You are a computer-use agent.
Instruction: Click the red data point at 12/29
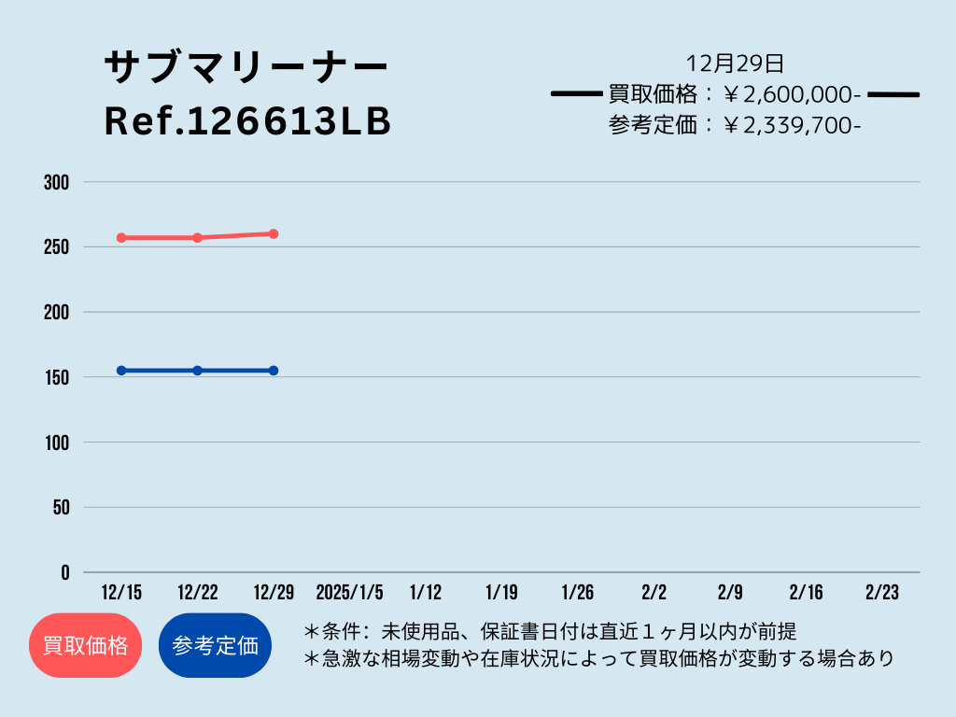[x=274, y=234]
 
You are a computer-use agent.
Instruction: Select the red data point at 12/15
[x=121, y=238]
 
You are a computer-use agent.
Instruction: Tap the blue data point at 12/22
[x=198, y=371]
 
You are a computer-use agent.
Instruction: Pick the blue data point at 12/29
[x=274, y=371]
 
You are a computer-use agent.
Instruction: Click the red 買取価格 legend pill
[x=85, y=645]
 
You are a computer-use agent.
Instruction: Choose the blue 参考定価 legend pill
[x=216, y=645]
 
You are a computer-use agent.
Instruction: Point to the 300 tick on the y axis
[x=57, y=182]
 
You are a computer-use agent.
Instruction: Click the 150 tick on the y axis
[x=57, y=377]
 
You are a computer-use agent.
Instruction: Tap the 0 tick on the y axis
[x=64, y=572]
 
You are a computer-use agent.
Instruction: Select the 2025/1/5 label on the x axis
[x=349, y=592]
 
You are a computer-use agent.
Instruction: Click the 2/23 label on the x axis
[x=882, y=592]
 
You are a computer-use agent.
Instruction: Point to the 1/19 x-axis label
[x=501, y=592]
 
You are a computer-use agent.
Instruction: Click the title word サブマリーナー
[x=246, y=66]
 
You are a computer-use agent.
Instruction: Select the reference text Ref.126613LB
[x=247, y=120]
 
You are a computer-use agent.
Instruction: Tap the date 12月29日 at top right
[x=735, y=63]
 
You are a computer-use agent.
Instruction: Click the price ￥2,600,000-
[x=792, y=94]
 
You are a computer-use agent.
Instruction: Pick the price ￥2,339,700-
[x=792, y=125]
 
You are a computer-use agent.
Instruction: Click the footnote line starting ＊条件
[x=550, y=632]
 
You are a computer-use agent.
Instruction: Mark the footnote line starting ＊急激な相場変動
[x=598, y=658]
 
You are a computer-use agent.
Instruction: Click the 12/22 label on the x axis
[x=198, y=592]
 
